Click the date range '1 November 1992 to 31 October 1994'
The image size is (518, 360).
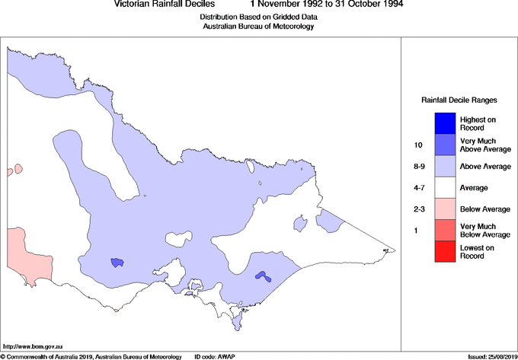[327, 5]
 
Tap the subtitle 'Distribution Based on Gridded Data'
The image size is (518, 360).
[257, 16]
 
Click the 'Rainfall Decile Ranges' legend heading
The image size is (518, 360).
[459, 100]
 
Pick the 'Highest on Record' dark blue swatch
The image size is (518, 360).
[445, 123]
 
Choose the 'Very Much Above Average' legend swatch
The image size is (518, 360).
[445, 144]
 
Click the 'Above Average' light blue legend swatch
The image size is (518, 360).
[445, 165]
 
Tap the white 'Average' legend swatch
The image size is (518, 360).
[445, 186]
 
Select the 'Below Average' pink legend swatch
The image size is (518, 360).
[445, 208]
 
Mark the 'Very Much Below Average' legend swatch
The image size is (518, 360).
[445, 229]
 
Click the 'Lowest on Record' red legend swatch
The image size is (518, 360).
[445, 250]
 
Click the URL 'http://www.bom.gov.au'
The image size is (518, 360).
[32, 346]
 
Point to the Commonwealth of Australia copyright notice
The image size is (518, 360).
[91, 356]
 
